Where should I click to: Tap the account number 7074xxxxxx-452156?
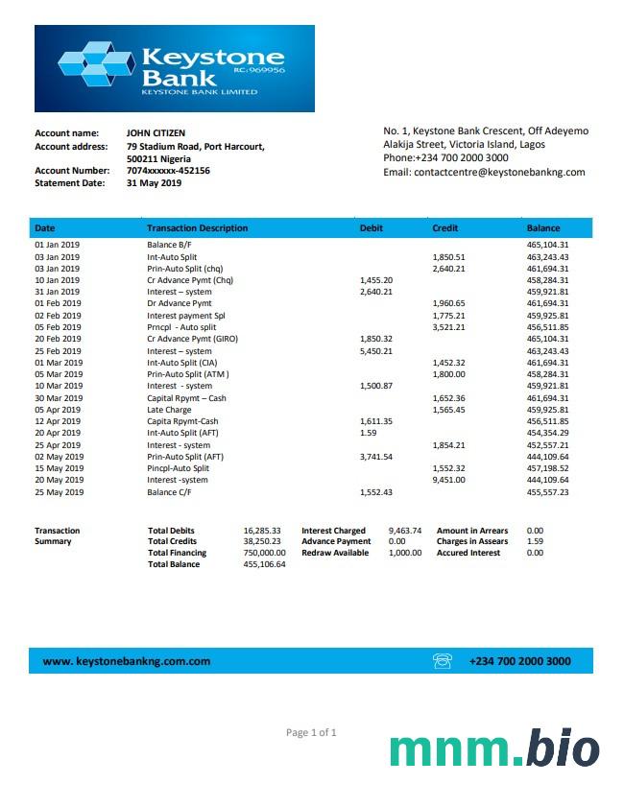point(168,171)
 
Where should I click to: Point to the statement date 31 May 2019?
point(154,183)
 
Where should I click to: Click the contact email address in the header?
point(484,173)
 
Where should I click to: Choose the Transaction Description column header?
point(197,228)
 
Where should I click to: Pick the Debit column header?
point(371,228)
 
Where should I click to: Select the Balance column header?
point(543,228)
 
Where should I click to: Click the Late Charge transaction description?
point(169,410)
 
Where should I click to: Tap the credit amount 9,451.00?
point(448,480)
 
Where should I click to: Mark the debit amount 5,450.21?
point(375,351)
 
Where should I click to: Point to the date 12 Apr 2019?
point(59,421)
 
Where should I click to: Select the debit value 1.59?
point(368,433)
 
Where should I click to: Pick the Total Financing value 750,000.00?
point(264,553)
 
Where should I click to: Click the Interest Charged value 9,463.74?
point(404,531)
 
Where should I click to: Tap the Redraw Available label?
point(335,553)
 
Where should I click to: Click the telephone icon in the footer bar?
point(443,660)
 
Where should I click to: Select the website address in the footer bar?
point(127,661)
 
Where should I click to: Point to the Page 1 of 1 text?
point(311,733)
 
